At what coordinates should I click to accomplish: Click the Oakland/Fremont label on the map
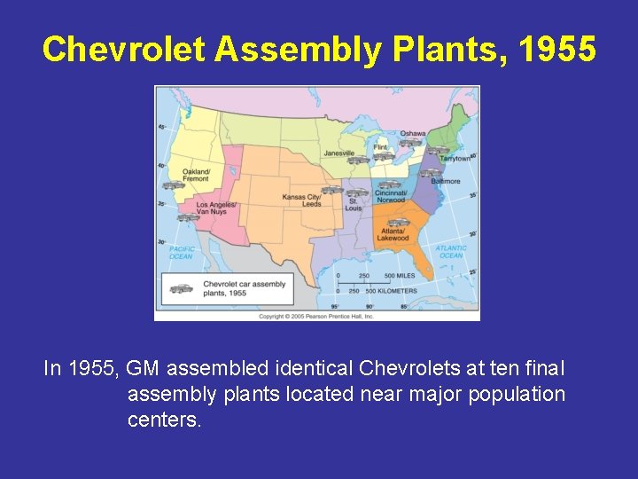click(x=196, y=175)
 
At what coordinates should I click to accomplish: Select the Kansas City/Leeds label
click(x=300, y=200)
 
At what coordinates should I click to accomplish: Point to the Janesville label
click(x=338, y=153)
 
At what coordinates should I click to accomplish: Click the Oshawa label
click(x=412, y=134)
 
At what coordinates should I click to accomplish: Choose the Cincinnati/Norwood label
click(x=391, y=196)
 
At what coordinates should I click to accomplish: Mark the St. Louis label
click(x=354, y=205)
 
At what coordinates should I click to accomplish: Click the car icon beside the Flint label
click(x=383, y=157)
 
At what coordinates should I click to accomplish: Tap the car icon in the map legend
click(x=181, y=287)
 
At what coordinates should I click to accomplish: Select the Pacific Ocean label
click(x=182, y=253)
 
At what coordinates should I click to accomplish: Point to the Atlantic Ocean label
click(x=451, y=252)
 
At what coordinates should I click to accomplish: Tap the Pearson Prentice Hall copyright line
click(x=316, y=316)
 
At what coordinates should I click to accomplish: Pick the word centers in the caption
click(x=164, y=419)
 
